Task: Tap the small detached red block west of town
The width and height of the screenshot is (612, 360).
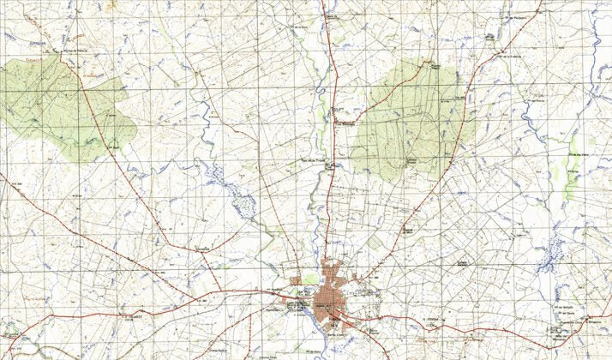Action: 297,280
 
